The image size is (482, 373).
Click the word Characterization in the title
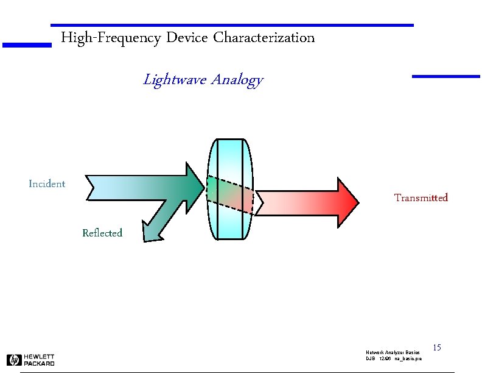pyautogui.click(x=264, y=38)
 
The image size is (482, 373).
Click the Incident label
pyautogui.click(x=47, y=183)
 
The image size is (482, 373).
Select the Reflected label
pyautogui.click(x=102, y=233)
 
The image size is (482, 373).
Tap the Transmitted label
pyautogui.click(x=421, y=197)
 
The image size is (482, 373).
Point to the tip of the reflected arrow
pyautogui.click(x=147, y=234)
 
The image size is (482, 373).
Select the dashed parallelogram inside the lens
pyautogui.click(x=230, y=194)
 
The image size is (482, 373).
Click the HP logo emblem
pyautogui.click(x=14, y=360)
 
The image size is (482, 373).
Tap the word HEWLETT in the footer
pyautogui.click(x=40, y=357)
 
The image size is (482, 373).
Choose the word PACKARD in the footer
pyautogui.click(x=40, y=363)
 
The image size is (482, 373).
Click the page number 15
pyautogui.click(x=436, y=347)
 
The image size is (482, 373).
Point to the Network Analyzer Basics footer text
pyautogui.click(x=393, y=353)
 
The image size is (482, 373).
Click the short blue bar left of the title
pyautogui.click(x=26, y=44)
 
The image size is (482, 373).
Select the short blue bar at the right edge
pyautogui.click(x=446, y=76)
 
